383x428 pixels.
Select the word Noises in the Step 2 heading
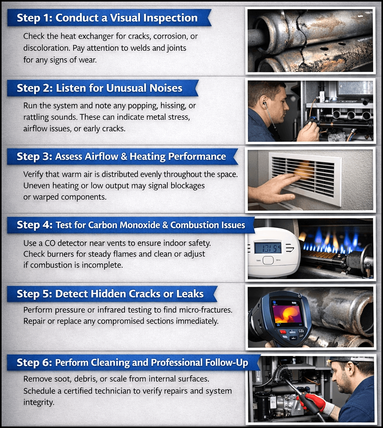coord(166,88)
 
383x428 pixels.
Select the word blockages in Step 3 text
coord(188,186)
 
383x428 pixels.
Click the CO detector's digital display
coord(268,248)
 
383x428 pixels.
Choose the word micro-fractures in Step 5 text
coord(206,310)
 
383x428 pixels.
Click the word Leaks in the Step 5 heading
coord(190,294)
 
